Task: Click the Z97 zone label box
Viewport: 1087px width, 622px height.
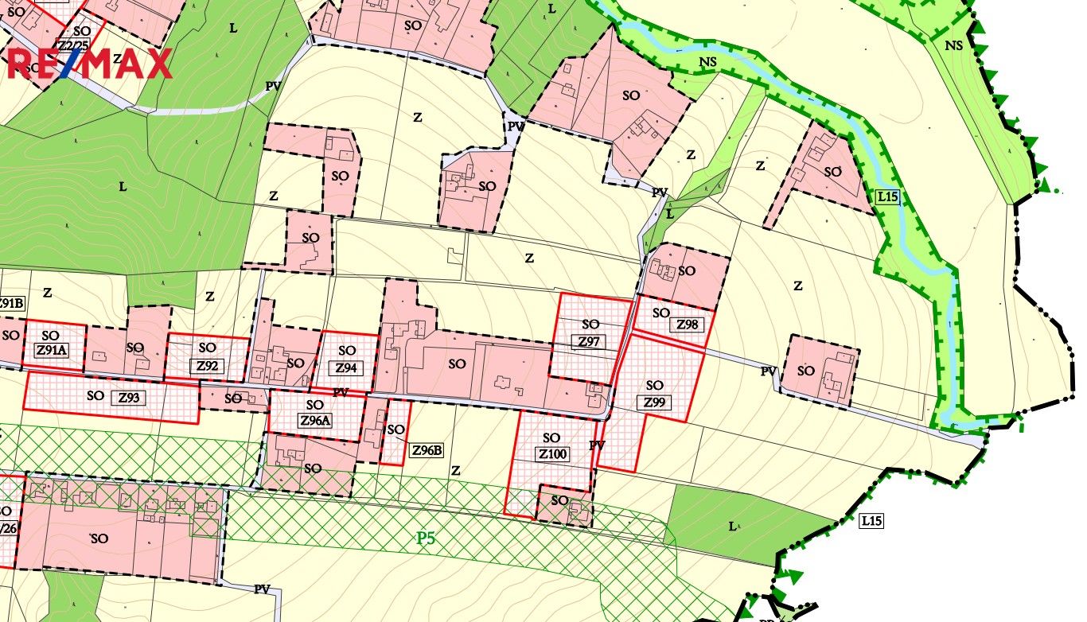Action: [589, 342]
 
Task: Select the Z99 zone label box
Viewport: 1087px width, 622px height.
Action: [654, 402]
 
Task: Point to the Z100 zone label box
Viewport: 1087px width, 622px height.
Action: [552, 454]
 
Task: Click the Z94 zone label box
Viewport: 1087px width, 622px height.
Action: [346, 368]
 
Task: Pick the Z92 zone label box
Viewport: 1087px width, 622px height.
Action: [207, 367]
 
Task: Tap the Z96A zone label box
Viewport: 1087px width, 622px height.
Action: [315, 421]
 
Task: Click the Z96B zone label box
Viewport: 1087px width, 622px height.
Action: [427, 450]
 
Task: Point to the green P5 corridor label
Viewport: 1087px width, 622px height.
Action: [427, 538]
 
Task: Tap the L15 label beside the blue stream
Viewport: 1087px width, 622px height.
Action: [886, 196]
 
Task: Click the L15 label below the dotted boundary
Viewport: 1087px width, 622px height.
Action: [871, 522]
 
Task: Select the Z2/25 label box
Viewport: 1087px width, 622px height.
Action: [72, 45]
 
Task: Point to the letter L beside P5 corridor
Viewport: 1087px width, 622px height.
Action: [732, 526]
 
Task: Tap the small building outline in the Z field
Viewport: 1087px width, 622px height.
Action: [454, 255]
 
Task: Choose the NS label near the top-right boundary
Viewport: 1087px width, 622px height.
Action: [953, 46]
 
